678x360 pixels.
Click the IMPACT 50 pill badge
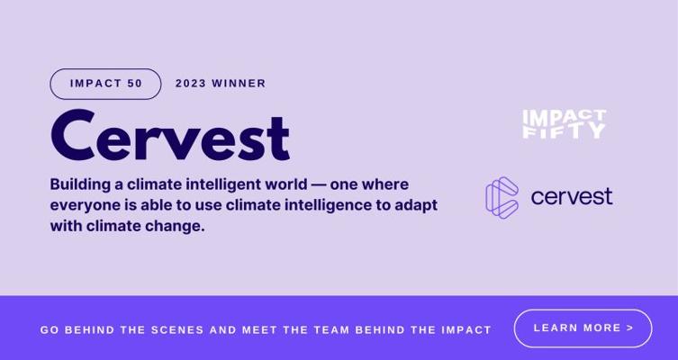[x=105, y=84]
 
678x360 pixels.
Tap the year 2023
[x=191, y=84]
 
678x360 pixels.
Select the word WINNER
[x=239, y=84]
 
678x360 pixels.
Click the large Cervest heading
[x=170, y=135]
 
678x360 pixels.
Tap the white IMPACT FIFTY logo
[x=565, y=124]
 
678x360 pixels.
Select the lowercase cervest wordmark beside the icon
[x=572, y=196]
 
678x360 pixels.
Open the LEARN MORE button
[x=583, y=328]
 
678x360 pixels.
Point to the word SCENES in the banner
[x=177, y=330]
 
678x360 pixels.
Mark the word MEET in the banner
[x=259, y=330]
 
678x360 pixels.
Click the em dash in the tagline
[x=318, y=185]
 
